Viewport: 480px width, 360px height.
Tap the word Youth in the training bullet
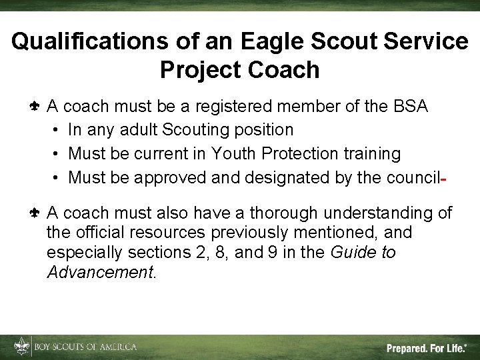click(233, 154)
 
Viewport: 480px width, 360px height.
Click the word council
click(414, 178)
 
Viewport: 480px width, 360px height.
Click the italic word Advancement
click(99, 273)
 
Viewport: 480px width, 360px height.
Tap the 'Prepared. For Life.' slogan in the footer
click(427, 348)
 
